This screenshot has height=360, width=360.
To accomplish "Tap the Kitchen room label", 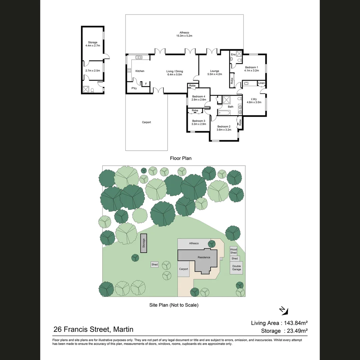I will point(140,71).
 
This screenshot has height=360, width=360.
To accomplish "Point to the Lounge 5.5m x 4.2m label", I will point(214,73).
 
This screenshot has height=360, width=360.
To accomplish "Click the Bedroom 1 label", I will point(251,69).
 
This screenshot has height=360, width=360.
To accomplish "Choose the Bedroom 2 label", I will point(224,128).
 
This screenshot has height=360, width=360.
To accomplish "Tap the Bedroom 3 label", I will point(199,122).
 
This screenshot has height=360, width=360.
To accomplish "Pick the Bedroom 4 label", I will point(199,98).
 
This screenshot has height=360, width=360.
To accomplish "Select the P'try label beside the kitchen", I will point(134,88).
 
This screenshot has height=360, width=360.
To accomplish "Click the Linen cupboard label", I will point(261,83).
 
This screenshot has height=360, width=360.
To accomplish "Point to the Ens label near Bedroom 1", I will point(233,54).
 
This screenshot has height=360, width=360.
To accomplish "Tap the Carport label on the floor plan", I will point(146,122).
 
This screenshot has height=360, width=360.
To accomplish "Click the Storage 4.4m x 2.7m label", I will point(93,44).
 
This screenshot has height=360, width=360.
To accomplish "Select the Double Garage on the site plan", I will point(236,268).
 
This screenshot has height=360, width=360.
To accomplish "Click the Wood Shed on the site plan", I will point(233,251).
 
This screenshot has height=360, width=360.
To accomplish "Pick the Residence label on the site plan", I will point(204,257).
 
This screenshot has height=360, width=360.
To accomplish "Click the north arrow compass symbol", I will point(283,311).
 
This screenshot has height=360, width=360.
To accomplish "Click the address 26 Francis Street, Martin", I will point(93,329).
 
